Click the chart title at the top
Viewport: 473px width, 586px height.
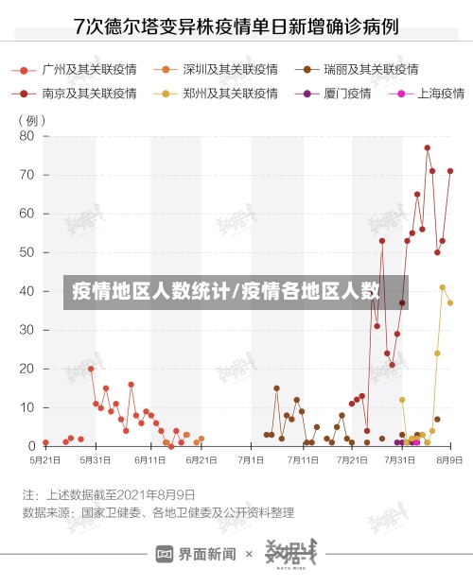point(236,26)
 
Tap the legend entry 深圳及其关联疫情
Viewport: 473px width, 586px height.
point(221,70)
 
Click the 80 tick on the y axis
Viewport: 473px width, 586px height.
point(26,136)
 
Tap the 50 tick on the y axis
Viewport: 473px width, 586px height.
point(26,252)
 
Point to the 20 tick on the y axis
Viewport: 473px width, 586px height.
point(26,369)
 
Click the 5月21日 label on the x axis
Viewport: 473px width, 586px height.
point(44,460)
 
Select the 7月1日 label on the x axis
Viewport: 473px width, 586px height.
point(251,460)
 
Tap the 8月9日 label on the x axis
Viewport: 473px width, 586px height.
point(448,460)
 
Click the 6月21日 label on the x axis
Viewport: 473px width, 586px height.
point(201,460)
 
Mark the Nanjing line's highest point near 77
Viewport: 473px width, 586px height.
point(428,147)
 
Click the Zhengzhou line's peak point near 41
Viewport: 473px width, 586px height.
point(442,287)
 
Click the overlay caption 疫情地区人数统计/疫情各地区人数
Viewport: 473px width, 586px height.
point(227,291)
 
